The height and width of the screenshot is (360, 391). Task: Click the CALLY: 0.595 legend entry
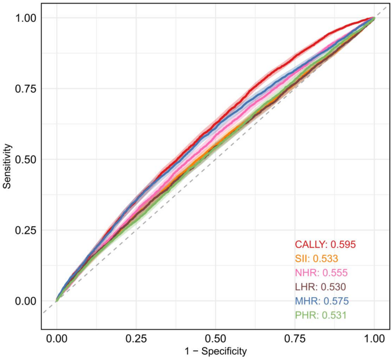[x=325, y=244]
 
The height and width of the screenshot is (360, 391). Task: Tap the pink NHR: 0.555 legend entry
[x=321, y=273]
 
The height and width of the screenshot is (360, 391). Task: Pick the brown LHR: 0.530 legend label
[x=320, y=287]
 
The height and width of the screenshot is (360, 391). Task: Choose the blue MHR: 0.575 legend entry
[x=321, y=301]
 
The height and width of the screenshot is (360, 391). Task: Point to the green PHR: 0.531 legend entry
[x=320, y=315]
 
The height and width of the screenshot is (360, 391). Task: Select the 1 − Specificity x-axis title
[x=215, y=351]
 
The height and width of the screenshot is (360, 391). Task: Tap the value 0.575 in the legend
[x=336, y=301]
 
